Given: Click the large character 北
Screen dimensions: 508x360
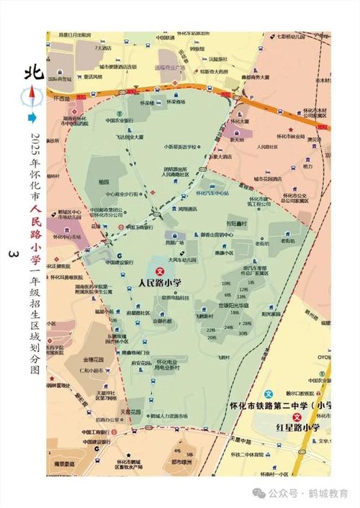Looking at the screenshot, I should (x=30, y=75).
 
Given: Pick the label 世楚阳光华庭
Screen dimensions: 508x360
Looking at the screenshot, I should (x=234, y=305).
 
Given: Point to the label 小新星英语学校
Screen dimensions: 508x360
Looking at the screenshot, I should (x=179, y=146).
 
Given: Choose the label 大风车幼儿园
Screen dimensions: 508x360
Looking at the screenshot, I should (x=183, y=260).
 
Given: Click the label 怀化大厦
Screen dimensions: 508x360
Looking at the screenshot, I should (x=242, y=122).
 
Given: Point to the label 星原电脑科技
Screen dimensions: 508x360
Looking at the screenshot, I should (x=175, y=296).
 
